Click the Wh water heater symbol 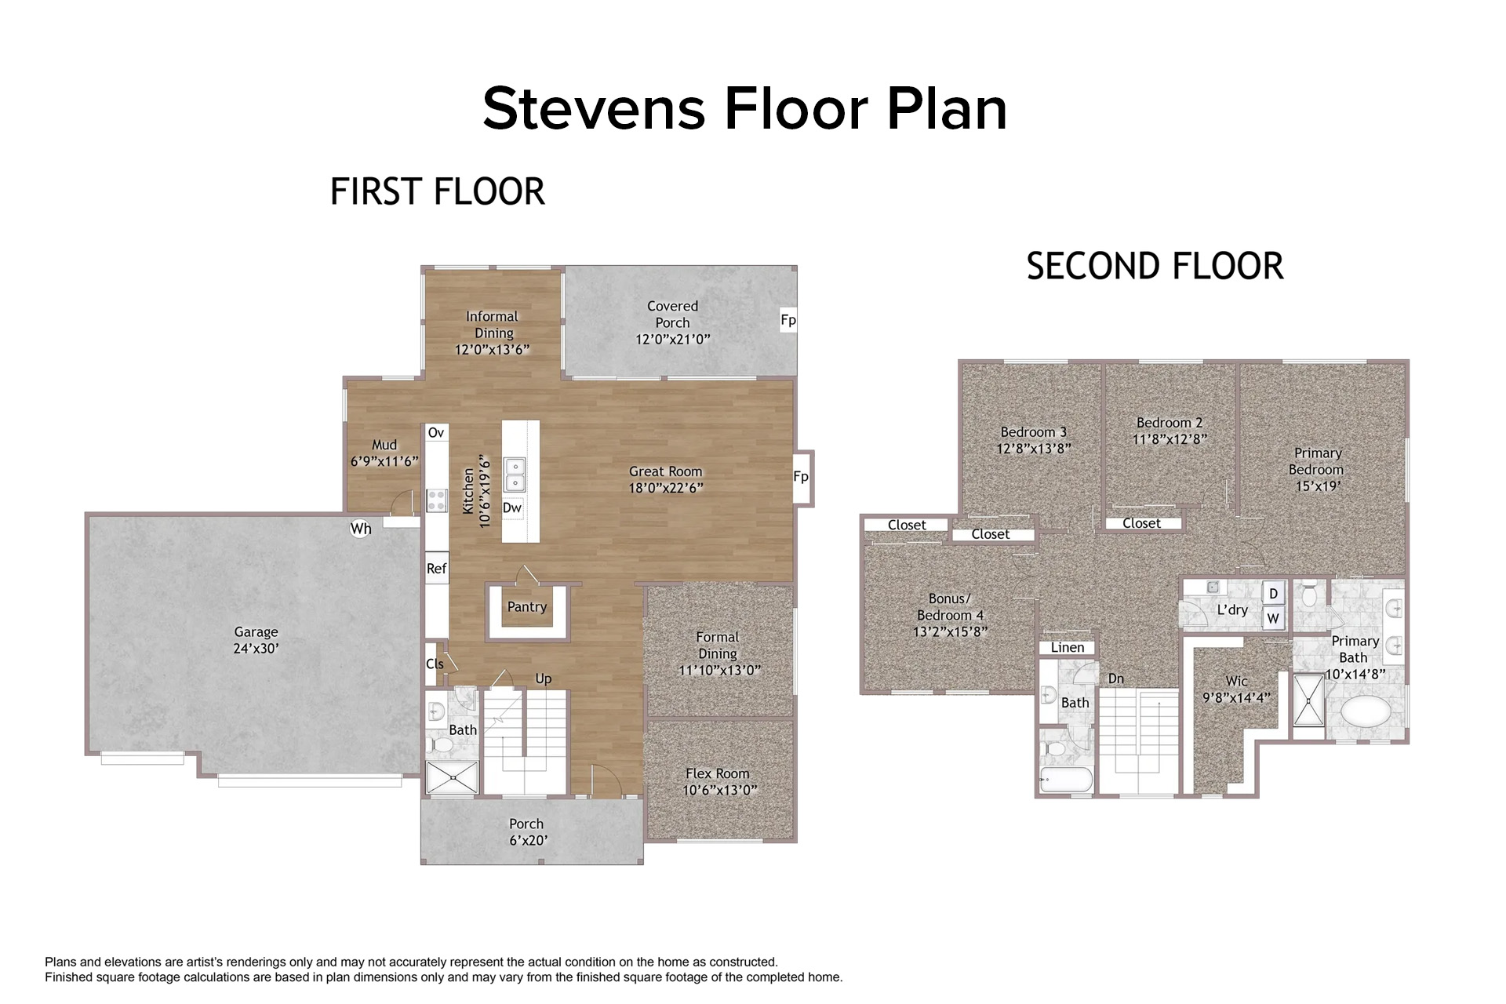tap(361, 529)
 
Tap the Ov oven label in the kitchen tap(436, 432)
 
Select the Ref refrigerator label tap(436, 569)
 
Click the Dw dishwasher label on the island tap(512, 507)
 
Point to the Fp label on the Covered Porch tap(788, 320)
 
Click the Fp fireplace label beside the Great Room tap(801, 477)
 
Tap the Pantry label tap(527, 606)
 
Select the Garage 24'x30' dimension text tap(256, 649)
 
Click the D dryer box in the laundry tap(1273, 594)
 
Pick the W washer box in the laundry tap(1273, 618)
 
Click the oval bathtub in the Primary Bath tap(1366, 712)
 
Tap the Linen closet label tap(1068, 647)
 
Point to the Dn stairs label tap(1116, 678)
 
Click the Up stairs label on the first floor tap(544, 678)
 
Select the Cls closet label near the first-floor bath tap(435, 664)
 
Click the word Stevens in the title tap(594, 108)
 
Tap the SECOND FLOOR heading tap(1155, 266)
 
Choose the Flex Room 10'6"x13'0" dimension tap(720, 791)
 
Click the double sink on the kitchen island tap(515, 475)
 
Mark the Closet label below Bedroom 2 tap(1141, 523)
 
